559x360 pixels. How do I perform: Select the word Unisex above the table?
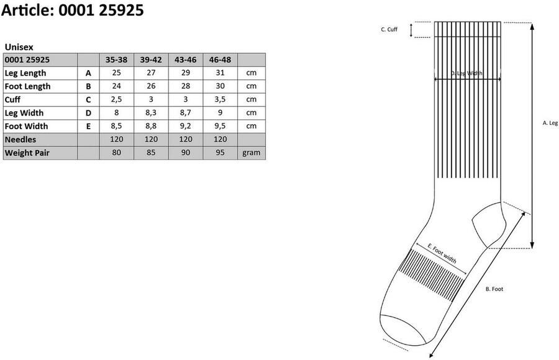coord(19,47)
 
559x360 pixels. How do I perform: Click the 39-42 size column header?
coord(151,60)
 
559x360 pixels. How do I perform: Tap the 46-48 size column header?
coord(220,60)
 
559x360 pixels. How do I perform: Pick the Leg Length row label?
coord(25,73)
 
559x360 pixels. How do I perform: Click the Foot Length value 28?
coord(185,86)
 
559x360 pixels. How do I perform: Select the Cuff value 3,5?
coord(220,99)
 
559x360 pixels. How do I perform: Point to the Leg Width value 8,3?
coord(151,113)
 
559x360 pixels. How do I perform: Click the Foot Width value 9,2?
coord(185,126)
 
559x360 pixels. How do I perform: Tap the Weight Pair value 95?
coord(220,153)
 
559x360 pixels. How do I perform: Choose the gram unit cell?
coord(252,153)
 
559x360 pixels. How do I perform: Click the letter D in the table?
coord(88,113)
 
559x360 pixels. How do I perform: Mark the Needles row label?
coord(20,140)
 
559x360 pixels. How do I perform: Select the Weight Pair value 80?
coord(116,153)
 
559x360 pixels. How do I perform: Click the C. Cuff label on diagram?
coord(389,29)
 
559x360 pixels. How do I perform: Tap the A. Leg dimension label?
coord(550,123)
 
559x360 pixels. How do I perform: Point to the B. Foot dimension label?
coord(494,289)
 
